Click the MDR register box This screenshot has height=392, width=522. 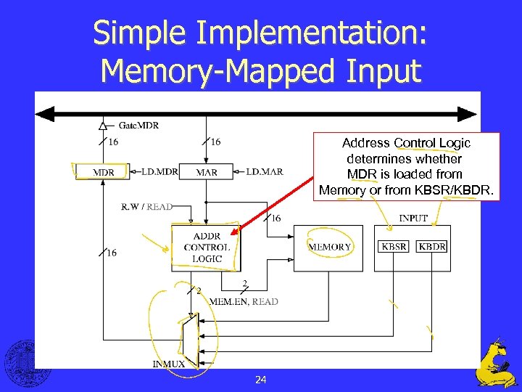(x=102, y=172)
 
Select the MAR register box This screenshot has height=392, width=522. (x=207, y=172)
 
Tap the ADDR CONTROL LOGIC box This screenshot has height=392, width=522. (x=207, y=248)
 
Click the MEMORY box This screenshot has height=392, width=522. (x=330, y=247)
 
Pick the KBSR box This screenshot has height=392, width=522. (x=394, y=247)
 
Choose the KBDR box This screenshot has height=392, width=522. (x=433, y=247)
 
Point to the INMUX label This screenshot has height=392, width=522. (x=168, y=363)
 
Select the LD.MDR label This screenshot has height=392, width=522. (x=159, y=172)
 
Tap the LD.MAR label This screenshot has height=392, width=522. (x=265, y=172)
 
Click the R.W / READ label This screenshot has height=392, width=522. (x=147, y=207)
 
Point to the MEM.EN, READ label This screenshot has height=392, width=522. (x=244, y=301)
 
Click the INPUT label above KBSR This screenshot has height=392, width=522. (x=413, y=218)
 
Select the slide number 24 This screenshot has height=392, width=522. (x=261, y=380)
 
